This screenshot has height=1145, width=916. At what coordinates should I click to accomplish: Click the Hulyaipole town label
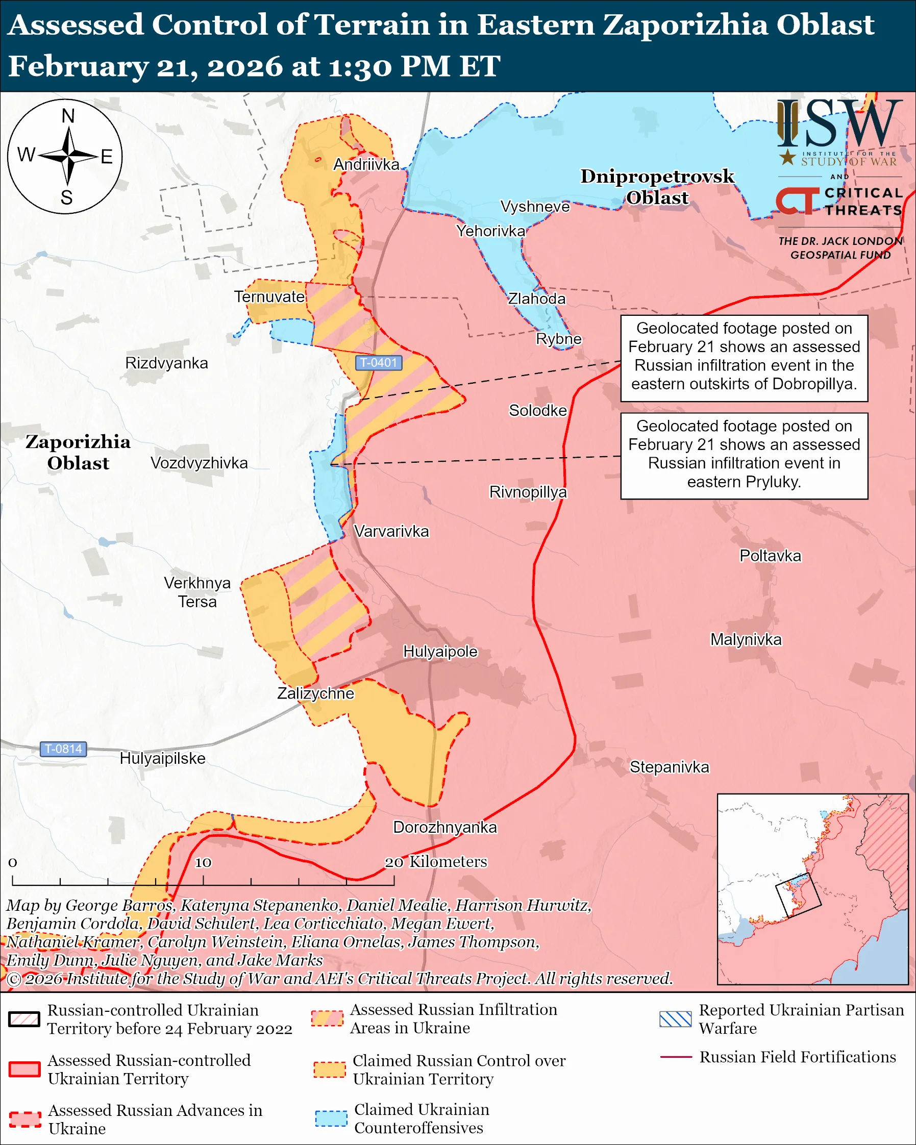[x=440, y=652]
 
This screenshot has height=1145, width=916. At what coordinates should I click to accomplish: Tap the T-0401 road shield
[x=378, y=363]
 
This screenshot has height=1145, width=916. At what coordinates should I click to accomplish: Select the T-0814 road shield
[x=63, y=749]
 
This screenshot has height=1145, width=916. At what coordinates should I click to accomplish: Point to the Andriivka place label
[x=366, y=165]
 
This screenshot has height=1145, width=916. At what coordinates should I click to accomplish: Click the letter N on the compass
[x=68, y=116]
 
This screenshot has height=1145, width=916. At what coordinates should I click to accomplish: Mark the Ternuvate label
[x=269, y=297]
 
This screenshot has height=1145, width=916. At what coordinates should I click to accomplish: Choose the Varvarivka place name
[x=391, y=531]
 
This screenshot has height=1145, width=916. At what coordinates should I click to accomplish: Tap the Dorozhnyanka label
[x=444, y=828]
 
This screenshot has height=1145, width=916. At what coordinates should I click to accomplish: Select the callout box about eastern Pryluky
[x=744, y=456]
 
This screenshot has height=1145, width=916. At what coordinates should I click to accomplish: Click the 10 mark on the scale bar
[x=203, y=862]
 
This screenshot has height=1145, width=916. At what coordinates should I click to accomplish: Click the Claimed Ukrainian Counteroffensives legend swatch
[x=331, y=1118]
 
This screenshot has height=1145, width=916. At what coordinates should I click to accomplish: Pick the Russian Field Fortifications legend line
[x=676, y=1057]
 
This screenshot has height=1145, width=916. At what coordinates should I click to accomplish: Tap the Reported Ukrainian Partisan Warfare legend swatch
[x=676, y=1019]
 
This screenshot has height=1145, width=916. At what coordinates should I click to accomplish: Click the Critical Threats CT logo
[x=797, y=201]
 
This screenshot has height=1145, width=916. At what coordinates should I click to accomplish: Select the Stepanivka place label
[x=669, y=767]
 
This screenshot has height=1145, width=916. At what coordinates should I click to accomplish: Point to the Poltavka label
[x=770, y=556]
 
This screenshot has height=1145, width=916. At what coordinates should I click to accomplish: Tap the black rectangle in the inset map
[x=798, y=895]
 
